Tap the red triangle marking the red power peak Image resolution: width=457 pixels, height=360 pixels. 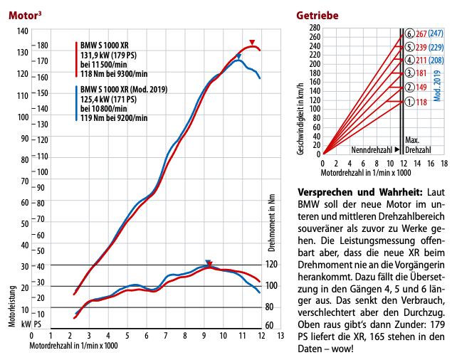coord(251,43)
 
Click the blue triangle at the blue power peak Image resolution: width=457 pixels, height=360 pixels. coord(238,56)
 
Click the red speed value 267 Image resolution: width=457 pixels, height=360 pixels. coord(421,33)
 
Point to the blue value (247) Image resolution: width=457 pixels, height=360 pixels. coord(436,33)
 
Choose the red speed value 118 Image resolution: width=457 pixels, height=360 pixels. coord(421,102)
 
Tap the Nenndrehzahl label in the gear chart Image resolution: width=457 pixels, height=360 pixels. coord(371,150)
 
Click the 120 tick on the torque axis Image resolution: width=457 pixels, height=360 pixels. coord(273,265)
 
